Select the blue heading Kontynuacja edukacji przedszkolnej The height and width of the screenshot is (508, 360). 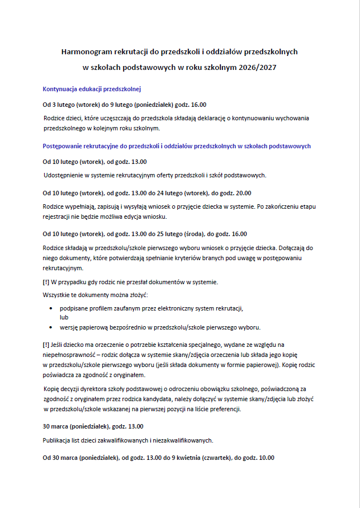pos(92,88)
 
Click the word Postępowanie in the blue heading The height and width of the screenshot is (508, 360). pos(63,146)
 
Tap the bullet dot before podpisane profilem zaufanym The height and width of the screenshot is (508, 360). pos(52,308)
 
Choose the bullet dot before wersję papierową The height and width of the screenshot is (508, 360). pos(52,327)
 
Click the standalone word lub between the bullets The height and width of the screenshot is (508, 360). pos(64,317)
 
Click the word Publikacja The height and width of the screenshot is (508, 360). pos(58,440)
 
